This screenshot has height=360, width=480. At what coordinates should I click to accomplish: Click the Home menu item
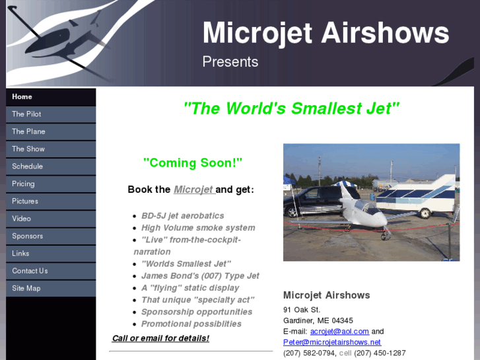[22, 97]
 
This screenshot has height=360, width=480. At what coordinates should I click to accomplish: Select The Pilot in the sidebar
[26, 114]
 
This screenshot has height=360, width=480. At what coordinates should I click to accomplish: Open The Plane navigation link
[28, 131]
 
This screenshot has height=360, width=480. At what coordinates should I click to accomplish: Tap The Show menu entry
[28, 149]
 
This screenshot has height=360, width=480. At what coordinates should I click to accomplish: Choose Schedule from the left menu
[27, 166]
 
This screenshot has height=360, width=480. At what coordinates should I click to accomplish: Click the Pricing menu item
[23, 184]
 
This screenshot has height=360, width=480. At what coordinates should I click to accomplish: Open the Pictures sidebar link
[25, 201]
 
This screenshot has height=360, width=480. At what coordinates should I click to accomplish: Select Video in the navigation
[21, 219]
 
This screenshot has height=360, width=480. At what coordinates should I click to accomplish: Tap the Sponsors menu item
[27, 236]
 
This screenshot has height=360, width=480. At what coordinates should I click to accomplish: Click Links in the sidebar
[20, 254]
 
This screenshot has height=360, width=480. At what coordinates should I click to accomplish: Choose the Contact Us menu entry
[30, 271]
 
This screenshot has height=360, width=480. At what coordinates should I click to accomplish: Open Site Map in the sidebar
[26, 288]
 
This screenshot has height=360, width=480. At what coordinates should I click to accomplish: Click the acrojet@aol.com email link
[339, 332]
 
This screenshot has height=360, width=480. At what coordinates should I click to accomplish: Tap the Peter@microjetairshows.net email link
[332, 342]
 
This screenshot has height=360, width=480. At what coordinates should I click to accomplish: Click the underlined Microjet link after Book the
[193, 190]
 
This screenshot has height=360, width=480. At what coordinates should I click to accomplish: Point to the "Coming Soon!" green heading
[193, 162]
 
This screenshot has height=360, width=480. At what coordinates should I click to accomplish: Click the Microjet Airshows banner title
[326, 33]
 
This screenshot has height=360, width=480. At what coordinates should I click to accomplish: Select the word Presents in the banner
[230, 62]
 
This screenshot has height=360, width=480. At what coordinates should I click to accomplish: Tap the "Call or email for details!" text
[160, 338]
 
